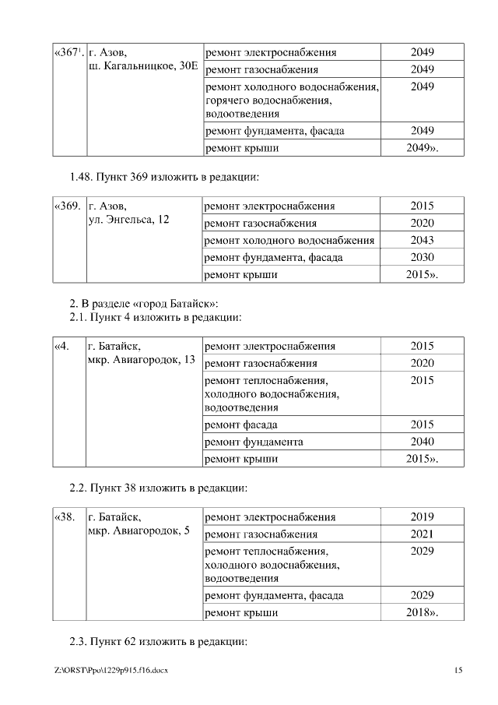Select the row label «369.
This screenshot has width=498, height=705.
click(x=68, y=206)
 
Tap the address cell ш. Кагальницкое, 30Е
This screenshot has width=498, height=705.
click(x=143, y=68)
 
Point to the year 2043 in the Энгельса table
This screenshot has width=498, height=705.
click(x=422, y=241)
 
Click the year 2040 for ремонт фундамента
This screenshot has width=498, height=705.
click(x=422, y=442)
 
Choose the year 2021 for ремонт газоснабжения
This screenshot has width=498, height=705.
click(x=422, y=534)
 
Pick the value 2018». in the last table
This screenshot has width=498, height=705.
click(x=423, y=613)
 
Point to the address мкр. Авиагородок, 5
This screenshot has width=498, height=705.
click(x=139, y=531)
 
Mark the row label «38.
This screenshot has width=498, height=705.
click(x=65, y=516)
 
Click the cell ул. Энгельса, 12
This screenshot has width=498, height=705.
click(x=130, y=220)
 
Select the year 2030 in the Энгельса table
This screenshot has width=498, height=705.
click(x=422, y=257)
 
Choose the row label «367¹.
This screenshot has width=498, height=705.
click(x=68, y=53)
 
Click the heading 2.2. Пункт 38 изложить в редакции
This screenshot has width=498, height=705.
click(x=158, y=488)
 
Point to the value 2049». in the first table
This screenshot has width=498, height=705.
click(x=423, y=147)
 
